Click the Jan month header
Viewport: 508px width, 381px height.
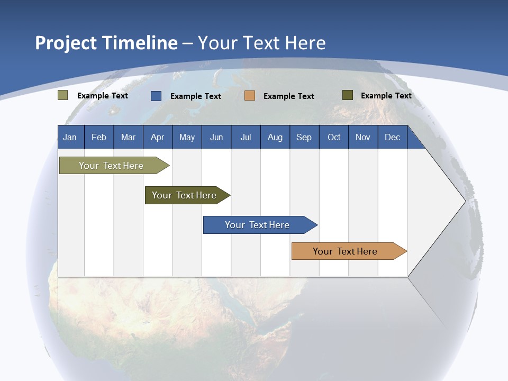70,137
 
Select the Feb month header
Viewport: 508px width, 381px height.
99,137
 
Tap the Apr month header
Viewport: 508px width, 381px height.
157,137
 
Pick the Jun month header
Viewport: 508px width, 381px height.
216,137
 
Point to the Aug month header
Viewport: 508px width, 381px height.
275,137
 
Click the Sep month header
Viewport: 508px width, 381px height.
304,137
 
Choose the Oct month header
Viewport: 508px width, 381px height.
334,137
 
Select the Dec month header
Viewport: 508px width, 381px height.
392,137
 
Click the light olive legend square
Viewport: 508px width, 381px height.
63,95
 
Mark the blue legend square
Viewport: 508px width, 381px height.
156,96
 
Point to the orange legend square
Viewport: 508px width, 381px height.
250,96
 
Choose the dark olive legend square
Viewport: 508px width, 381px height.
347,95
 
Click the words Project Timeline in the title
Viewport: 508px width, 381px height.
106,43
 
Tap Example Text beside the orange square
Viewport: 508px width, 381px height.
288,96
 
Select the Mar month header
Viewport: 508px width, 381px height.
128,137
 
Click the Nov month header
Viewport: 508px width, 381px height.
362,137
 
